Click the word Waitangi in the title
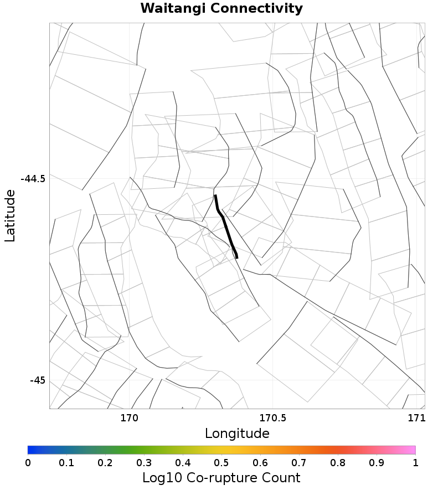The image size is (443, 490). tap(172, 9)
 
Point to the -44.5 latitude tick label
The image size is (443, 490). tap(33, 179)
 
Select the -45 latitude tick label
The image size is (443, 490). tap(38, 380)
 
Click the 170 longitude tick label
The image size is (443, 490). tap(129, 418)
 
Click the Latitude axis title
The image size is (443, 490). tap(10, 216)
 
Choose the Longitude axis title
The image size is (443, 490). tap(237, 434)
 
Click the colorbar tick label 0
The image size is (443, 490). tap(28, 462)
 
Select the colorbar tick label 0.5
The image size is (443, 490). tap(221, 462)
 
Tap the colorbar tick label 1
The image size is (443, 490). tap(415, 462)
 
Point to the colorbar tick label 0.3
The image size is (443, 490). tap(144, 462)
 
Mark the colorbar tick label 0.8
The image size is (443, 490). tap(338, 462)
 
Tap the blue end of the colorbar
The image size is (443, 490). tap(30, 450)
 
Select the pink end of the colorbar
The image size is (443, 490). tap(413, 450)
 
